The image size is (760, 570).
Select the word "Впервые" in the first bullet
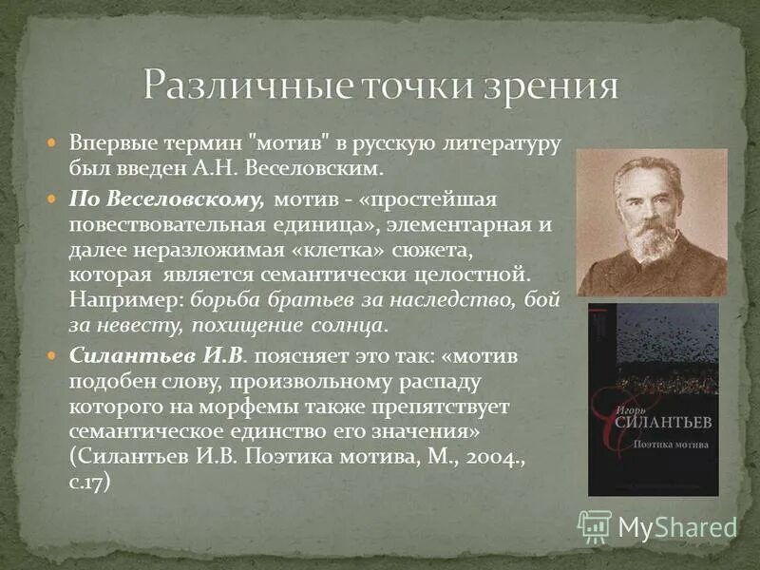point(102,143)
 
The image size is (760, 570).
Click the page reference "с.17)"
point(90,481)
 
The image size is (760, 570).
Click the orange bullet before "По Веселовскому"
point(53,199)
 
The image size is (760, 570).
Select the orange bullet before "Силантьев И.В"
point(53,355)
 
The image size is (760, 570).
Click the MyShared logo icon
point(596,526)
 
